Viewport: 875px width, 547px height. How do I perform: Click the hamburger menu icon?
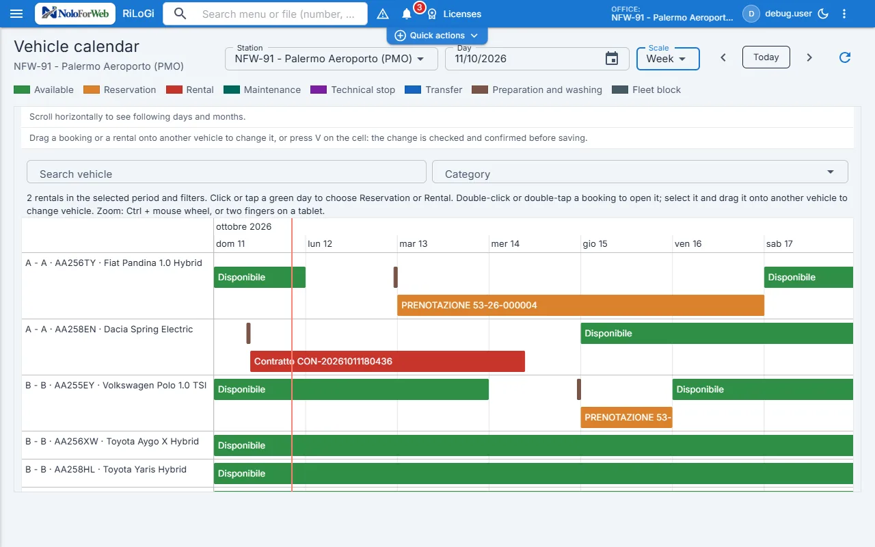(16, 14)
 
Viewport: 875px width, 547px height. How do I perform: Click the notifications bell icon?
(406, 14)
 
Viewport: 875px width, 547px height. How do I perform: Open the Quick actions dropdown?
(437, 36)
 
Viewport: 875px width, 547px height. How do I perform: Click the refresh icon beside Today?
(845, 57)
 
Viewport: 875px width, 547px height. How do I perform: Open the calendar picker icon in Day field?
(611, 59)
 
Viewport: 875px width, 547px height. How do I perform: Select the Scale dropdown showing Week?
(668, 59)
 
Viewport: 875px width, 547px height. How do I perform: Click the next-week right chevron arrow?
(809, 58)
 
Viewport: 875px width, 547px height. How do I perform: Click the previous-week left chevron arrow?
(723, 58)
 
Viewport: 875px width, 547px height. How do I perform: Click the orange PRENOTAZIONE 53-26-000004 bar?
(580, 305)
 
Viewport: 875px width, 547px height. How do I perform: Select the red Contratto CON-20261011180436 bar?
(388, 361)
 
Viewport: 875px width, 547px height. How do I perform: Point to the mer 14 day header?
(505, 244)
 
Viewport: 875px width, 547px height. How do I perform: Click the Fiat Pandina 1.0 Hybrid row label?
(113, 263)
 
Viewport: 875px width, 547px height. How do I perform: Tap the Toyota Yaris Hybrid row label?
(106, 469)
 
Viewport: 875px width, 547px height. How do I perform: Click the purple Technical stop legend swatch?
(319, 90)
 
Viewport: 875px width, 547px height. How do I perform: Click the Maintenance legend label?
(272, 90)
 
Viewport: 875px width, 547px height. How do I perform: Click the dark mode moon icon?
(823, 14)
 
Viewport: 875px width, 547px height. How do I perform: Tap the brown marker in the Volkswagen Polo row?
(579, 389)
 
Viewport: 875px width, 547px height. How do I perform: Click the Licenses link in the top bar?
(462, 14)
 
